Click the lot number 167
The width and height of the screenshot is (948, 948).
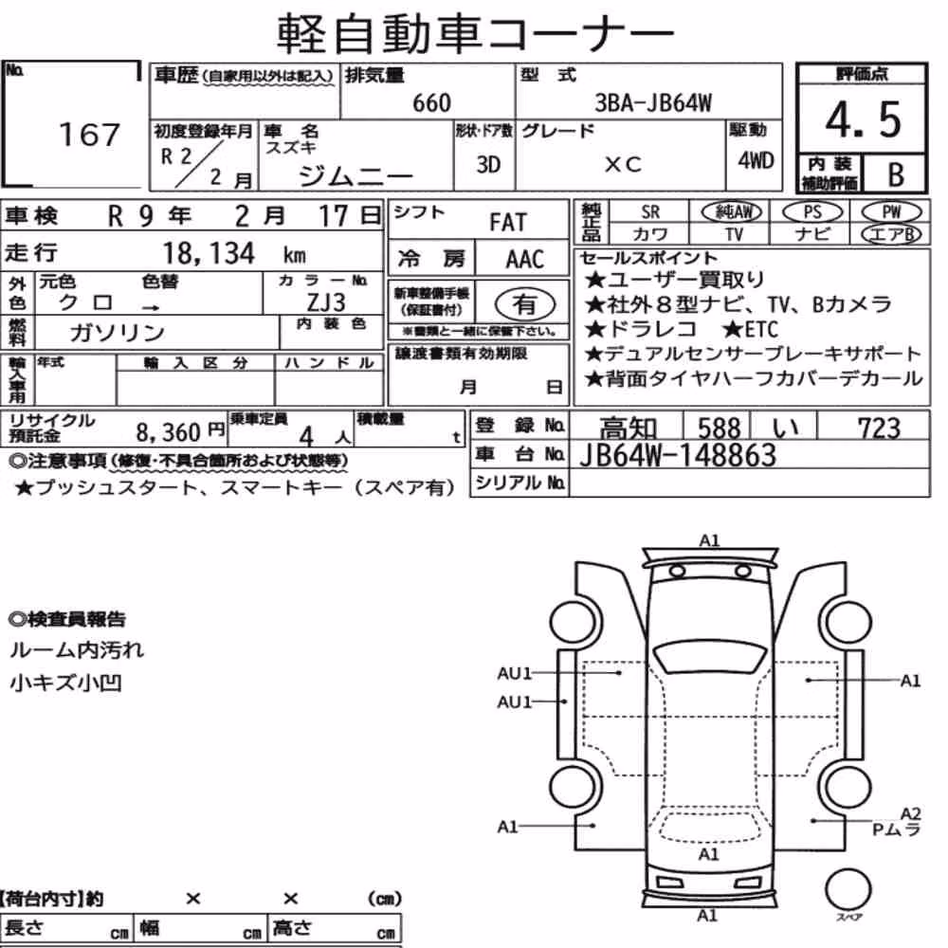point(89,135)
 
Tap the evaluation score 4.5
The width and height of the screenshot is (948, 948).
point(863,119)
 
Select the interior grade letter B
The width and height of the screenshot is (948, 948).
point(896,174)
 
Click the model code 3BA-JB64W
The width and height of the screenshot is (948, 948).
point(653,102)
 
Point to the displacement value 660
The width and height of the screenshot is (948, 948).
point(431,102)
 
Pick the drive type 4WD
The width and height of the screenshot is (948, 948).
point(756,160)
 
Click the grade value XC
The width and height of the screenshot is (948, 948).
point(623,164)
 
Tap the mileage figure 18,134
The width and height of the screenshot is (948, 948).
point(210,253)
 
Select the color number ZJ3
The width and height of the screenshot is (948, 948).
point(326,301)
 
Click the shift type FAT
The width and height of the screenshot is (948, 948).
point(508,223)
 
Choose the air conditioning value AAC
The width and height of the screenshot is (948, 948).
point(525,260)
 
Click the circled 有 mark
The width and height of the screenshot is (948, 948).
point(525,304)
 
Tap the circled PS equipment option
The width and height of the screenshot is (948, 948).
point(812,211)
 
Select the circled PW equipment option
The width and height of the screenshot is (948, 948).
point(891,211)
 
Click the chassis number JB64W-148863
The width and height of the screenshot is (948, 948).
point(678,455)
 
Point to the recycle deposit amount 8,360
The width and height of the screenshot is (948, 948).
point(168,431)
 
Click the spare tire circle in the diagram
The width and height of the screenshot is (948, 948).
point(848,889)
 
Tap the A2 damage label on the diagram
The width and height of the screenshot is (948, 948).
point(910,813)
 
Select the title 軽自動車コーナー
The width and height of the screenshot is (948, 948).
point(475,33)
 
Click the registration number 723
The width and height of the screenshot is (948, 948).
point(879,428)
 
